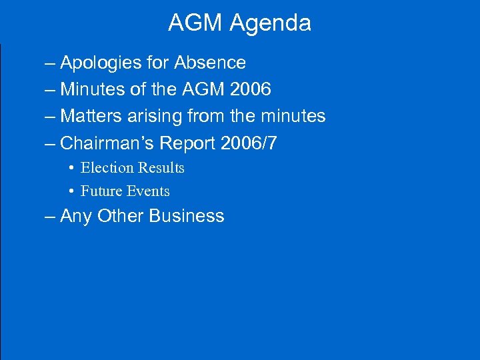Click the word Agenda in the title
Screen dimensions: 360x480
pos(270,23)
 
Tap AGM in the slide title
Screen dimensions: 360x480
pos(196,23)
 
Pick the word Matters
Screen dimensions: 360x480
pos(89,116)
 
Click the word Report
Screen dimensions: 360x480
pos(188,143)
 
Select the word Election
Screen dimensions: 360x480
pos(105,168)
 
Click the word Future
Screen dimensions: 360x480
pos(100,191)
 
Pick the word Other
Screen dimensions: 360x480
pos(120,216)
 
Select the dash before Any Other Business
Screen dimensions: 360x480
pos(51,217)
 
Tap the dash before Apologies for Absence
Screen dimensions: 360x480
pos(51,63)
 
